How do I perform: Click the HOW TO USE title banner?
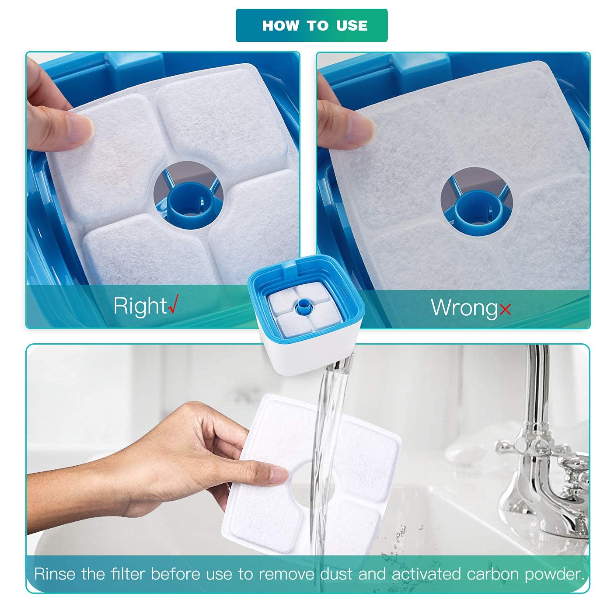click(311, 25)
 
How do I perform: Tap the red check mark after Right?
click(173, 305)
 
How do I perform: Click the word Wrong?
click(464, 307)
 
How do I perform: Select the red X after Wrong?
click(505, 310)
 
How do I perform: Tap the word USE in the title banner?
click(352, 25)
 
